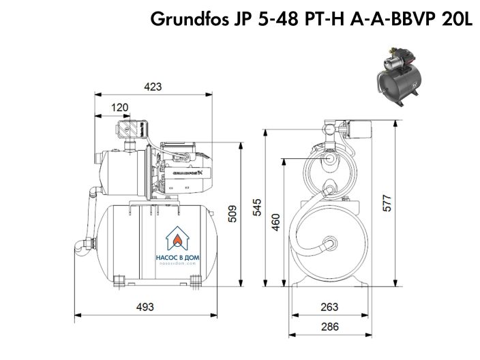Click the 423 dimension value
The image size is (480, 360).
point(153,87)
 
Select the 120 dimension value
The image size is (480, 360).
point(119,107)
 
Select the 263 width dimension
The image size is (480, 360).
point(329,306)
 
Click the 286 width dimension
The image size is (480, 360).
point(329,327)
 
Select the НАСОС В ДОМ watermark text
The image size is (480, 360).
point(180,258)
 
